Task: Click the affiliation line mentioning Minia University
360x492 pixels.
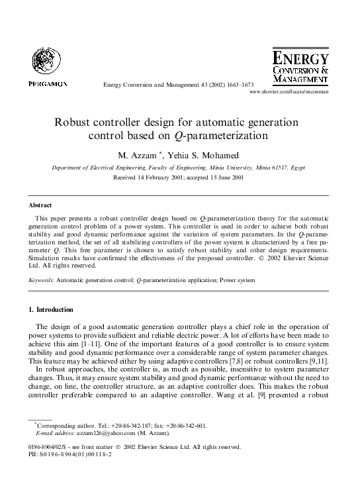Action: tap(180, 168)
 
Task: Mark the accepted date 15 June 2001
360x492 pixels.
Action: tap(224, 178)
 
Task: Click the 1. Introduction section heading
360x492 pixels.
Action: tap(51, 309)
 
